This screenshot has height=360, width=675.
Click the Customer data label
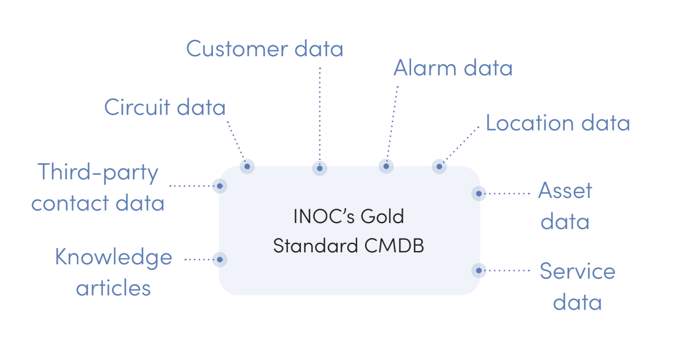click(x=264, y=48)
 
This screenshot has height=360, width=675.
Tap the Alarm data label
click(x=452, y=68)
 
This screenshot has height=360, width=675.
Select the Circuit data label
click(x=165, y=108)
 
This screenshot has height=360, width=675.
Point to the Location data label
click(x=557, y=123)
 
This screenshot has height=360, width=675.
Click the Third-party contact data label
click(x=98, y=187)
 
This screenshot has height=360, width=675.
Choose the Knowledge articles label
click(x=113, y=272)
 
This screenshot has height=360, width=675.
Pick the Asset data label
click(x=565, y=206)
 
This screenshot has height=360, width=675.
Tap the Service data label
click(x=577, y=286)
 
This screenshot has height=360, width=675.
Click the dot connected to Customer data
click(x=320, y=168)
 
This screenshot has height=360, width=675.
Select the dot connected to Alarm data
click(x=387, y=166)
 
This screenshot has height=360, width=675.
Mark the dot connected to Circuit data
click(x=247, y=166)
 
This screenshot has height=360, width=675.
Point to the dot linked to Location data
click(x=439, y=166)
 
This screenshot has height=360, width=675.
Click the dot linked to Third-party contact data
click(x=220, y=186)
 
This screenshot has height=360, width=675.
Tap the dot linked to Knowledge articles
click(x=220, y=259)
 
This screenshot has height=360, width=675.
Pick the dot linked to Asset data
click(x=478, y=193)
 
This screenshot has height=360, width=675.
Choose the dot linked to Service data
click(x=478, y=270)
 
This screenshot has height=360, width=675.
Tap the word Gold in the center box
click(x=382, y=216)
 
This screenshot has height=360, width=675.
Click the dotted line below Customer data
click(x=320, y=114)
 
